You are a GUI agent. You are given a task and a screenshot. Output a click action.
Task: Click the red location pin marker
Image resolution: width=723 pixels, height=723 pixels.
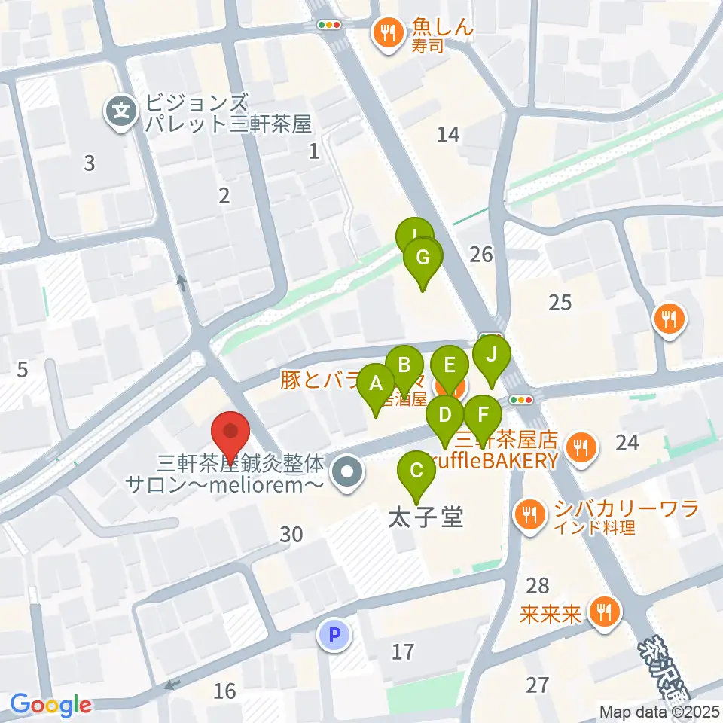(230, 434)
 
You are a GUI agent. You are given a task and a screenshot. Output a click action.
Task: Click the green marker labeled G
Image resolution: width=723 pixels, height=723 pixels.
(423, 259)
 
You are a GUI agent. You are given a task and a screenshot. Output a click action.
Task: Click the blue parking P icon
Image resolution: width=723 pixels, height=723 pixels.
(335, 634)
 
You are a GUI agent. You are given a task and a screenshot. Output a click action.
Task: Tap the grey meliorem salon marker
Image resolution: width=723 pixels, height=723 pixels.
(347, 474)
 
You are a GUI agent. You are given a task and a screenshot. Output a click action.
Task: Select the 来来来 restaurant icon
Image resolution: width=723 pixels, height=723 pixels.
(604, 611)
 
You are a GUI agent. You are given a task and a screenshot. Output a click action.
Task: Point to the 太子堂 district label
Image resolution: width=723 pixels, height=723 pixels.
(425, 517)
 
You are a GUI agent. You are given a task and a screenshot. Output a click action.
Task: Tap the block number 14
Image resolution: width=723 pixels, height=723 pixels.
(448, 135)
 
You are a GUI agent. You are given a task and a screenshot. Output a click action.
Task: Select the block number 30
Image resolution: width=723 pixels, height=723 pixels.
(291, 535)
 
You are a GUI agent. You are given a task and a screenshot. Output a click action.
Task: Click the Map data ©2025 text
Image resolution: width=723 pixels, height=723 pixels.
(660, 712)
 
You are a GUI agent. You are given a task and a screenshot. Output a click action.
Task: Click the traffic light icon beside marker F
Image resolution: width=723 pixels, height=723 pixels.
(520, 400)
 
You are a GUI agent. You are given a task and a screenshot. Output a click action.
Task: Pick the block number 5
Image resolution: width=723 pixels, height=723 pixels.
(23, 370)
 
